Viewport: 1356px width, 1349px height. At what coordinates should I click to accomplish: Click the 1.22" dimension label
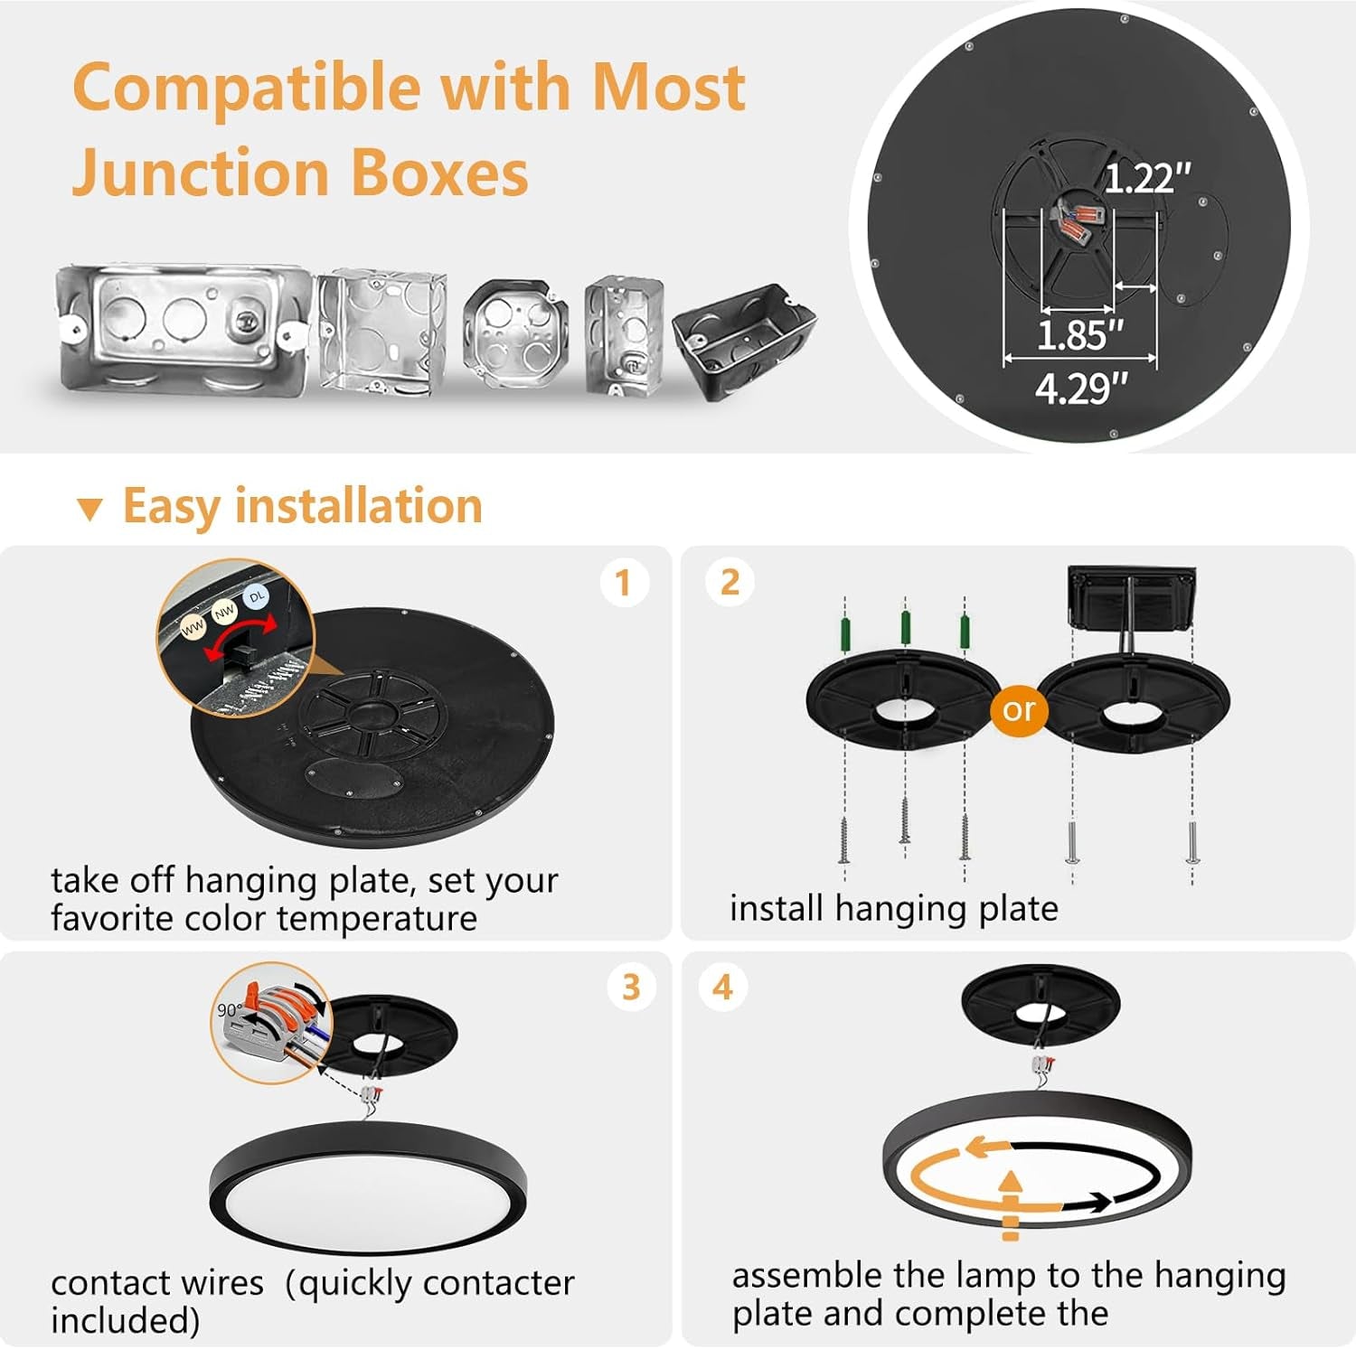pos(1147,179)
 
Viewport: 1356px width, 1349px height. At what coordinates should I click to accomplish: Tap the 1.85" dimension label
pos(1079,335)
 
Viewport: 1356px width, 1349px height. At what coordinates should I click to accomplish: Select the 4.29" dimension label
pos(1081,389)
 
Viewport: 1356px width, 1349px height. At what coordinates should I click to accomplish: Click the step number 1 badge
pos(624,583)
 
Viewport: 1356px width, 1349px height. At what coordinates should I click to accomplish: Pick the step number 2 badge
pos(730,583)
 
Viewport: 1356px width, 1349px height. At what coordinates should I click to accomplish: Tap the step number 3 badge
pos(631,987)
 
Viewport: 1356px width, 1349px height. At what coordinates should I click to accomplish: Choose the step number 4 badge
pos(722,987)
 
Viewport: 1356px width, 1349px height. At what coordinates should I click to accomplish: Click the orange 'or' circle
pos(1018,710)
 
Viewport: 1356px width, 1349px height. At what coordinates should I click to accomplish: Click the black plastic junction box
pos(743,339)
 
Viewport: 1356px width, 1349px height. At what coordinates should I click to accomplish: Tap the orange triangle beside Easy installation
pos(89,509)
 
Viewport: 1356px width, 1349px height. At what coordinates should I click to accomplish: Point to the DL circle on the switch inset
pos(257,596)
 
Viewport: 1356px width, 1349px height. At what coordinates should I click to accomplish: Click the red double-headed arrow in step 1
pos(240,637)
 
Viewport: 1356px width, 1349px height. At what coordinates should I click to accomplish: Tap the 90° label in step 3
pos(230,1009)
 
